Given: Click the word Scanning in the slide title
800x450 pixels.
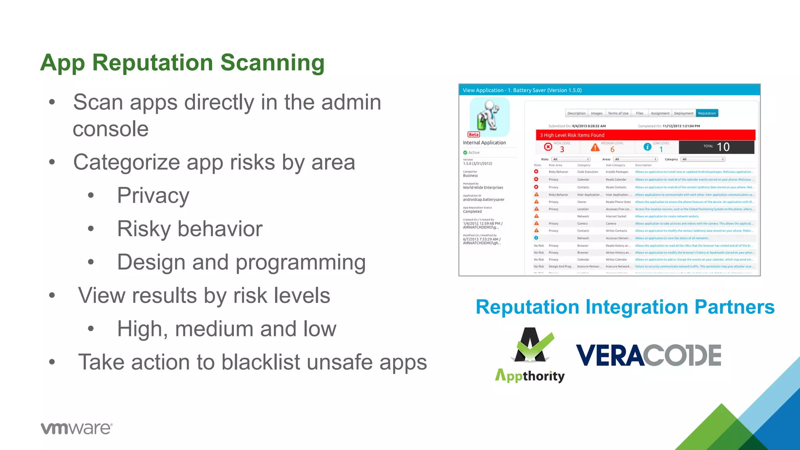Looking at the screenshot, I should (272, 63).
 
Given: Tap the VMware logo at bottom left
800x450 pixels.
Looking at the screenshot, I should (77, 428).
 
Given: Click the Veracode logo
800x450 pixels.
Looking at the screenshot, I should (648, 355).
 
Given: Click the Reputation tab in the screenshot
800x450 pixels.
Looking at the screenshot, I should (707, 113).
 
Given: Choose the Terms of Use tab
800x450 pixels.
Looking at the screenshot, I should (618, 113).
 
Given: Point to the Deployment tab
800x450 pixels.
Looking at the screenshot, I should (683, 113).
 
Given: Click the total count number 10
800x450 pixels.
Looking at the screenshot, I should (723, 147).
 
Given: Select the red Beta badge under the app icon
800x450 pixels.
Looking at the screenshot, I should (473, 134).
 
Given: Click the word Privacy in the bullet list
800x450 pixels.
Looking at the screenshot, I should (153, 195).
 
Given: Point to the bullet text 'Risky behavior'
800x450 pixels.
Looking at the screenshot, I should (190, 229).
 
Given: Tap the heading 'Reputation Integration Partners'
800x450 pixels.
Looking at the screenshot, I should (625, 307).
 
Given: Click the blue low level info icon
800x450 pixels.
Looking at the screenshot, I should (647, 147).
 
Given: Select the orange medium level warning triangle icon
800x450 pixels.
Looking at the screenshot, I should (595, 147).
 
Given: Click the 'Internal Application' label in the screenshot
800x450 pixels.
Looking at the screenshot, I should (484, 143).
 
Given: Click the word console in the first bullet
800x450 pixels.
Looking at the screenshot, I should (111, 129).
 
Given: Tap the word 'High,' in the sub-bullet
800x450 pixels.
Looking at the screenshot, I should (143, 329).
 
